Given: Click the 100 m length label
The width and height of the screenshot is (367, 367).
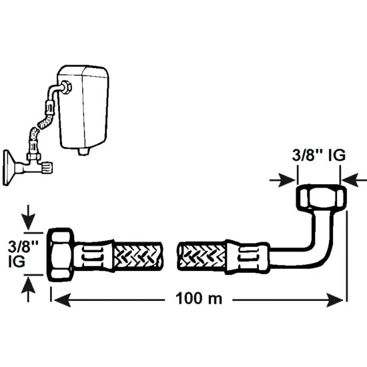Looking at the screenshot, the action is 199,298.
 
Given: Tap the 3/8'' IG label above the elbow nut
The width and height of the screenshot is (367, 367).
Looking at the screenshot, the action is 318,155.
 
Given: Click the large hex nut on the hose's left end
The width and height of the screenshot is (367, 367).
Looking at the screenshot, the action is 61,255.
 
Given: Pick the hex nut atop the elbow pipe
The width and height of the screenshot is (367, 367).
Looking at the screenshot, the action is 321,197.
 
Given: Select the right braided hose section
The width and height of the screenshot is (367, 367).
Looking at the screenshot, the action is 202,257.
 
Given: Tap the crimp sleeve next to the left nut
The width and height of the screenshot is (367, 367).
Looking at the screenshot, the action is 94,256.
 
